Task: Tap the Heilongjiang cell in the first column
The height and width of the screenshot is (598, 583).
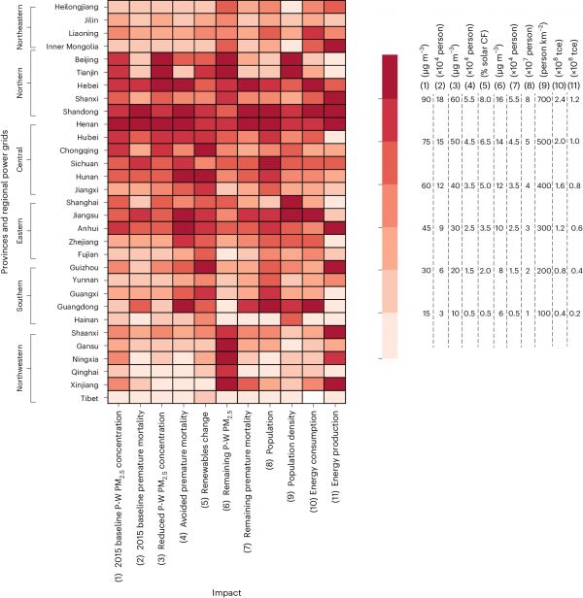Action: [x=118, y=7]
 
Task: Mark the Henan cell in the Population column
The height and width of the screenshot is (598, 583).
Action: [x=268, y=123]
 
